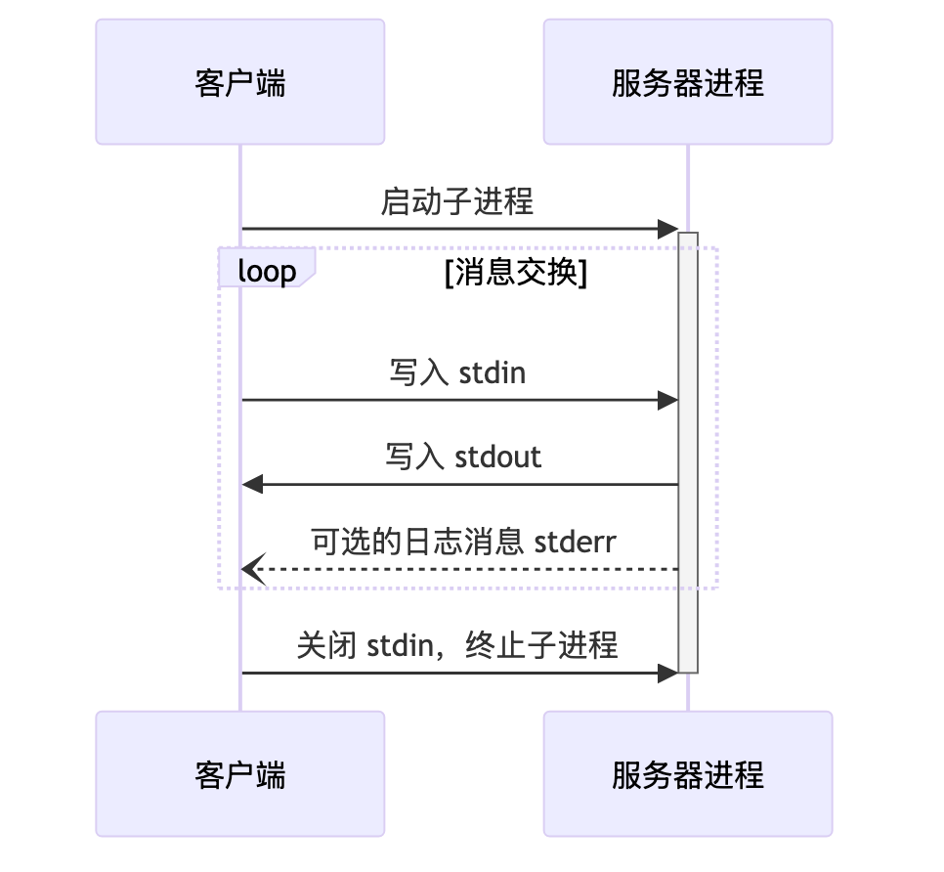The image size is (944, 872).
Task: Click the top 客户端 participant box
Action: [239, 82]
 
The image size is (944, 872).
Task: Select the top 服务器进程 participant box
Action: [687, 82]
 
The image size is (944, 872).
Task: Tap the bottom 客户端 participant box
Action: [239, 774]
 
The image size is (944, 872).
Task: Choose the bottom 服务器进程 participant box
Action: [687, 774]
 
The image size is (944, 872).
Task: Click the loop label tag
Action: [266, 271]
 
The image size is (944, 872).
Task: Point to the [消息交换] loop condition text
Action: [515, 274]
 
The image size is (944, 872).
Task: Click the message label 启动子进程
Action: [456, 202]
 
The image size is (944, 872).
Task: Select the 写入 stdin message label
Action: [456, 372]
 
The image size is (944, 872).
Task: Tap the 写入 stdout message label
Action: [462, 457]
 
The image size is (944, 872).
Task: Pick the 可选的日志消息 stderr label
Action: [463, 541]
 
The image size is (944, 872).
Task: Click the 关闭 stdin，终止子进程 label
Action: [457, 645]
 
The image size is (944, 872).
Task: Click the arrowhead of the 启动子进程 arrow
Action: [669, 229]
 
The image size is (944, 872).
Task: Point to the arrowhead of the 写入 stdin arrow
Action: [669, 400]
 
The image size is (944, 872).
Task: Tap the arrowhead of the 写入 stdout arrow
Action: [252, 484]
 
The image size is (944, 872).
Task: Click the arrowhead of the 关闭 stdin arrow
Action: [669, 673]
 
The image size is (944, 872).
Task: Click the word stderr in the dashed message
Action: [576, 541]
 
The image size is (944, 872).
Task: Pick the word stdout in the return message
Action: [498, 457]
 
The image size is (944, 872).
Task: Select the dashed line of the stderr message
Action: [469, 568]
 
